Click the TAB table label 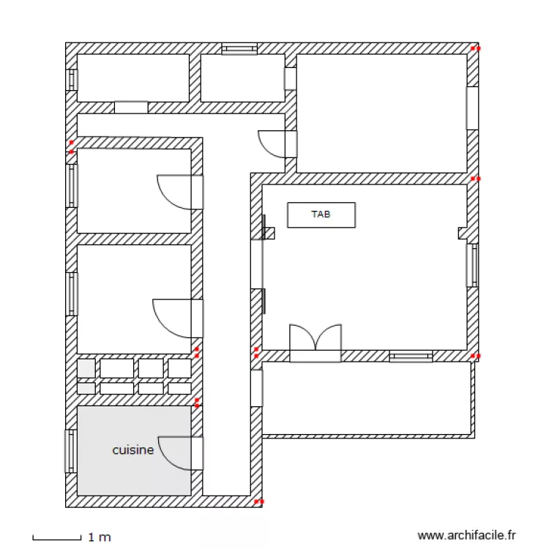point(321,214)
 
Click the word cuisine point(133,450)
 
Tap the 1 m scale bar point(56,537)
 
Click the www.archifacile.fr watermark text point(466,535)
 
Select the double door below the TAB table point(315,343)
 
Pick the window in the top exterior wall point(239,49)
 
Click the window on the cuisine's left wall point(71,452)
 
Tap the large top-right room point(381,113)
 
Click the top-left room point(133,78)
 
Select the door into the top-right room point(277,144)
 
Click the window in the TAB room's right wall point(472,265)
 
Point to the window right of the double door point(411,356)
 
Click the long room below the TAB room point(366,398)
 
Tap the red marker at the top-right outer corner point(475,48)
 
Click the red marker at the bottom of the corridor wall point(259,501)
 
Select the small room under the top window point(242,78)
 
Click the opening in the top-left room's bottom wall point(131,107)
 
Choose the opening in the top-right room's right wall point(472,108)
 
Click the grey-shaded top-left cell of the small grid point(86,368)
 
